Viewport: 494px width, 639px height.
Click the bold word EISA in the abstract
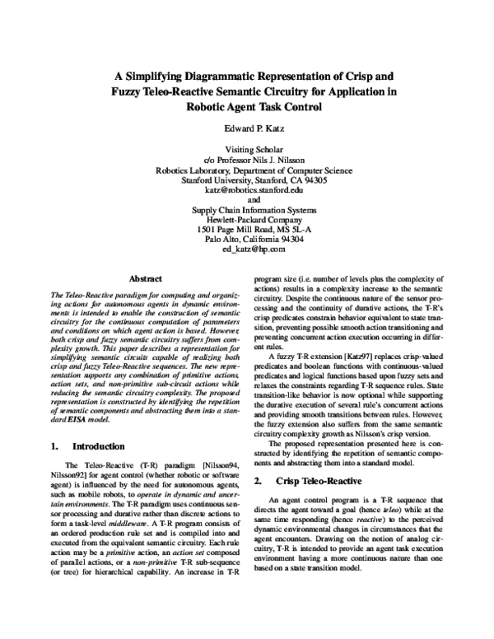(82, 418)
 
